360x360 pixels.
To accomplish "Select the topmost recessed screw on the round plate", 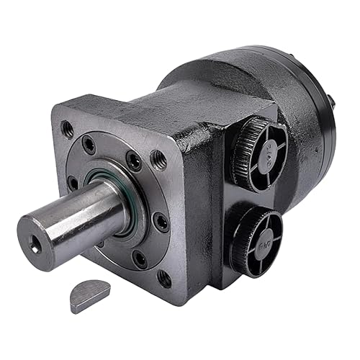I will (x=90, y=143).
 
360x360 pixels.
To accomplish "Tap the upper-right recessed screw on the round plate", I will (x=133, y=162).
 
